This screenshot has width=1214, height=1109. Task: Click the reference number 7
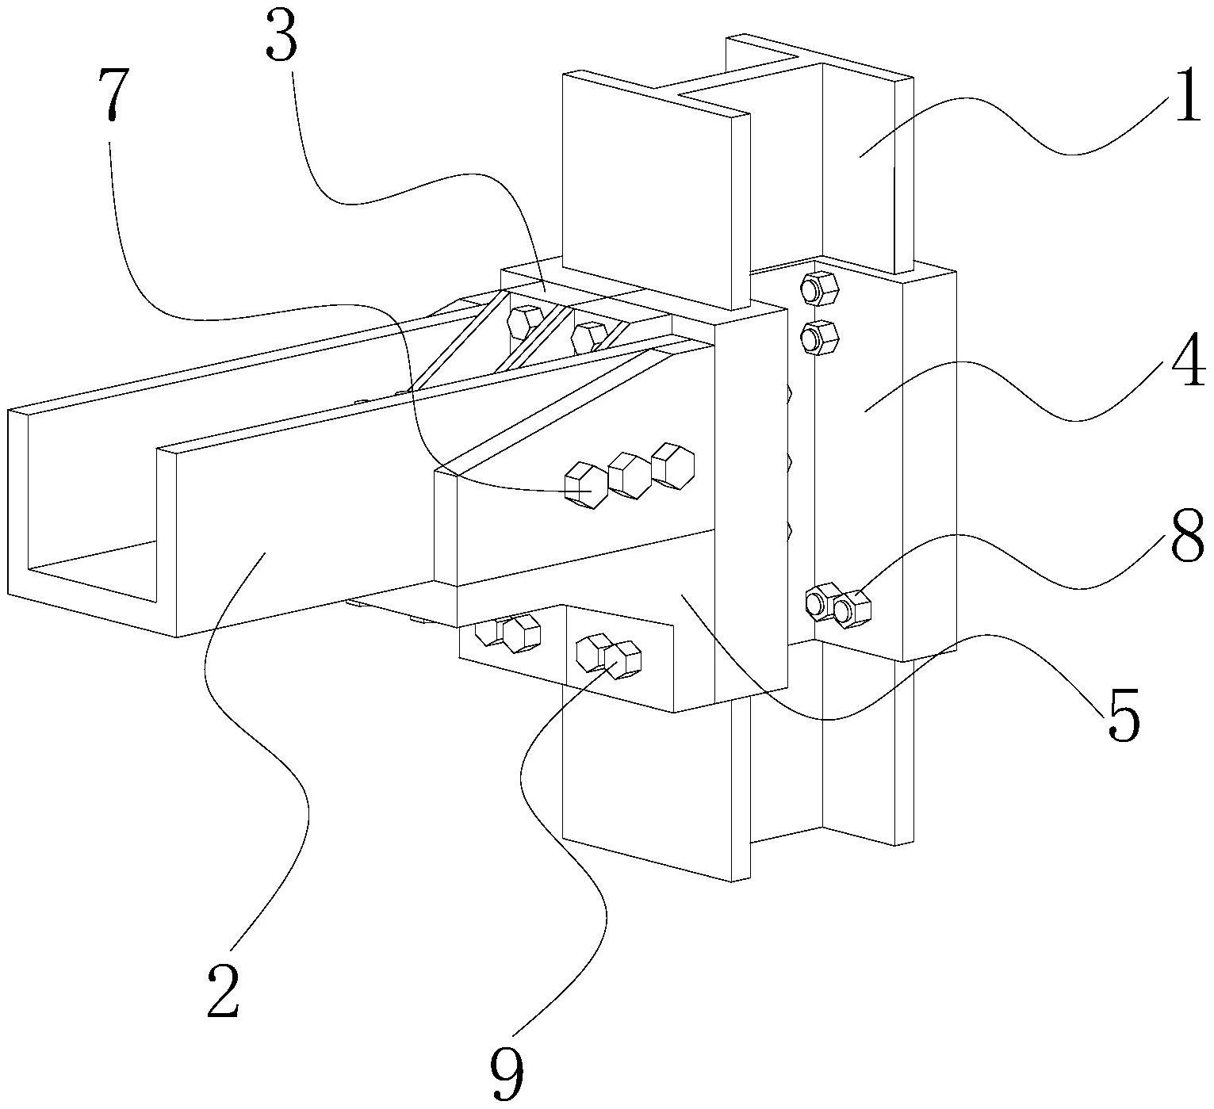pos(111,93)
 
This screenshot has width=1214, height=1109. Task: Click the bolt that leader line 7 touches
pos(586,484)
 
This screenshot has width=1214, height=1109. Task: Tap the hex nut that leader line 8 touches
pos(853,609)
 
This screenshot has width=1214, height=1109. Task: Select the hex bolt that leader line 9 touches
pos(621,660)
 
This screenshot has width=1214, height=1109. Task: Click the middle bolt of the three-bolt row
pos(629,476)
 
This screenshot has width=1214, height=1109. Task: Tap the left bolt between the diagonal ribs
pos(525,322)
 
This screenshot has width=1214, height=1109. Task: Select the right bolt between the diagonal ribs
pos(589,336)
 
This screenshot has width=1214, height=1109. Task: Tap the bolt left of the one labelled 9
pos(591,653)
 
